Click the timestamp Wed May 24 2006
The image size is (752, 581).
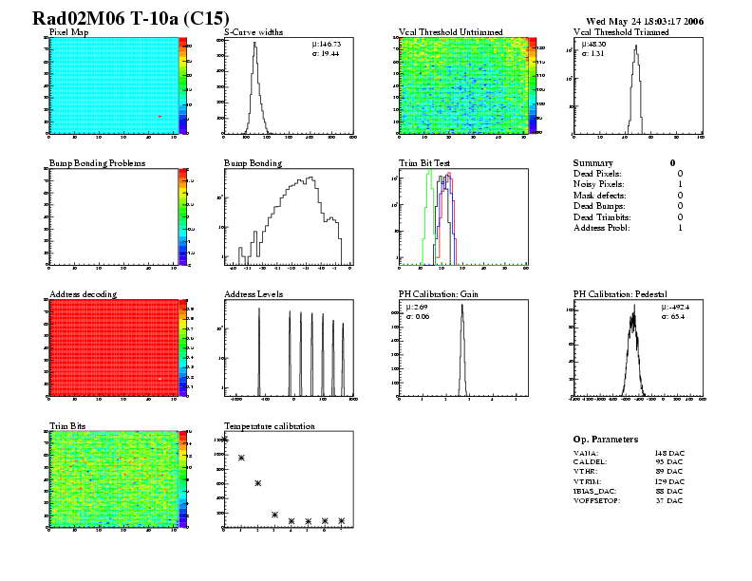pos(645,20)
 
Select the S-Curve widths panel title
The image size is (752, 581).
pos(254,32)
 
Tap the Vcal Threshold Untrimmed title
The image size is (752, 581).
pos(450,32)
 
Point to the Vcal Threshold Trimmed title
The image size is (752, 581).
pos(621,32)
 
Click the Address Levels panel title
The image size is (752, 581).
pos(254,294)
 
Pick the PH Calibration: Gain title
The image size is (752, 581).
pos(438,294)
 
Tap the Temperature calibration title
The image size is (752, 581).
pos(269,426)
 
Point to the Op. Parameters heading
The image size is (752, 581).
pos(606,440)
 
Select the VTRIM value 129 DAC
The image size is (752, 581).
pos(668,481)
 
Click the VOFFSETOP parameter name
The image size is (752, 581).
pos(597,500)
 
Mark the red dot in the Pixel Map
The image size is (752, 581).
pos(160,117)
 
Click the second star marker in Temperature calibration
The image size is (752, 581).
pos(241,458)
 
